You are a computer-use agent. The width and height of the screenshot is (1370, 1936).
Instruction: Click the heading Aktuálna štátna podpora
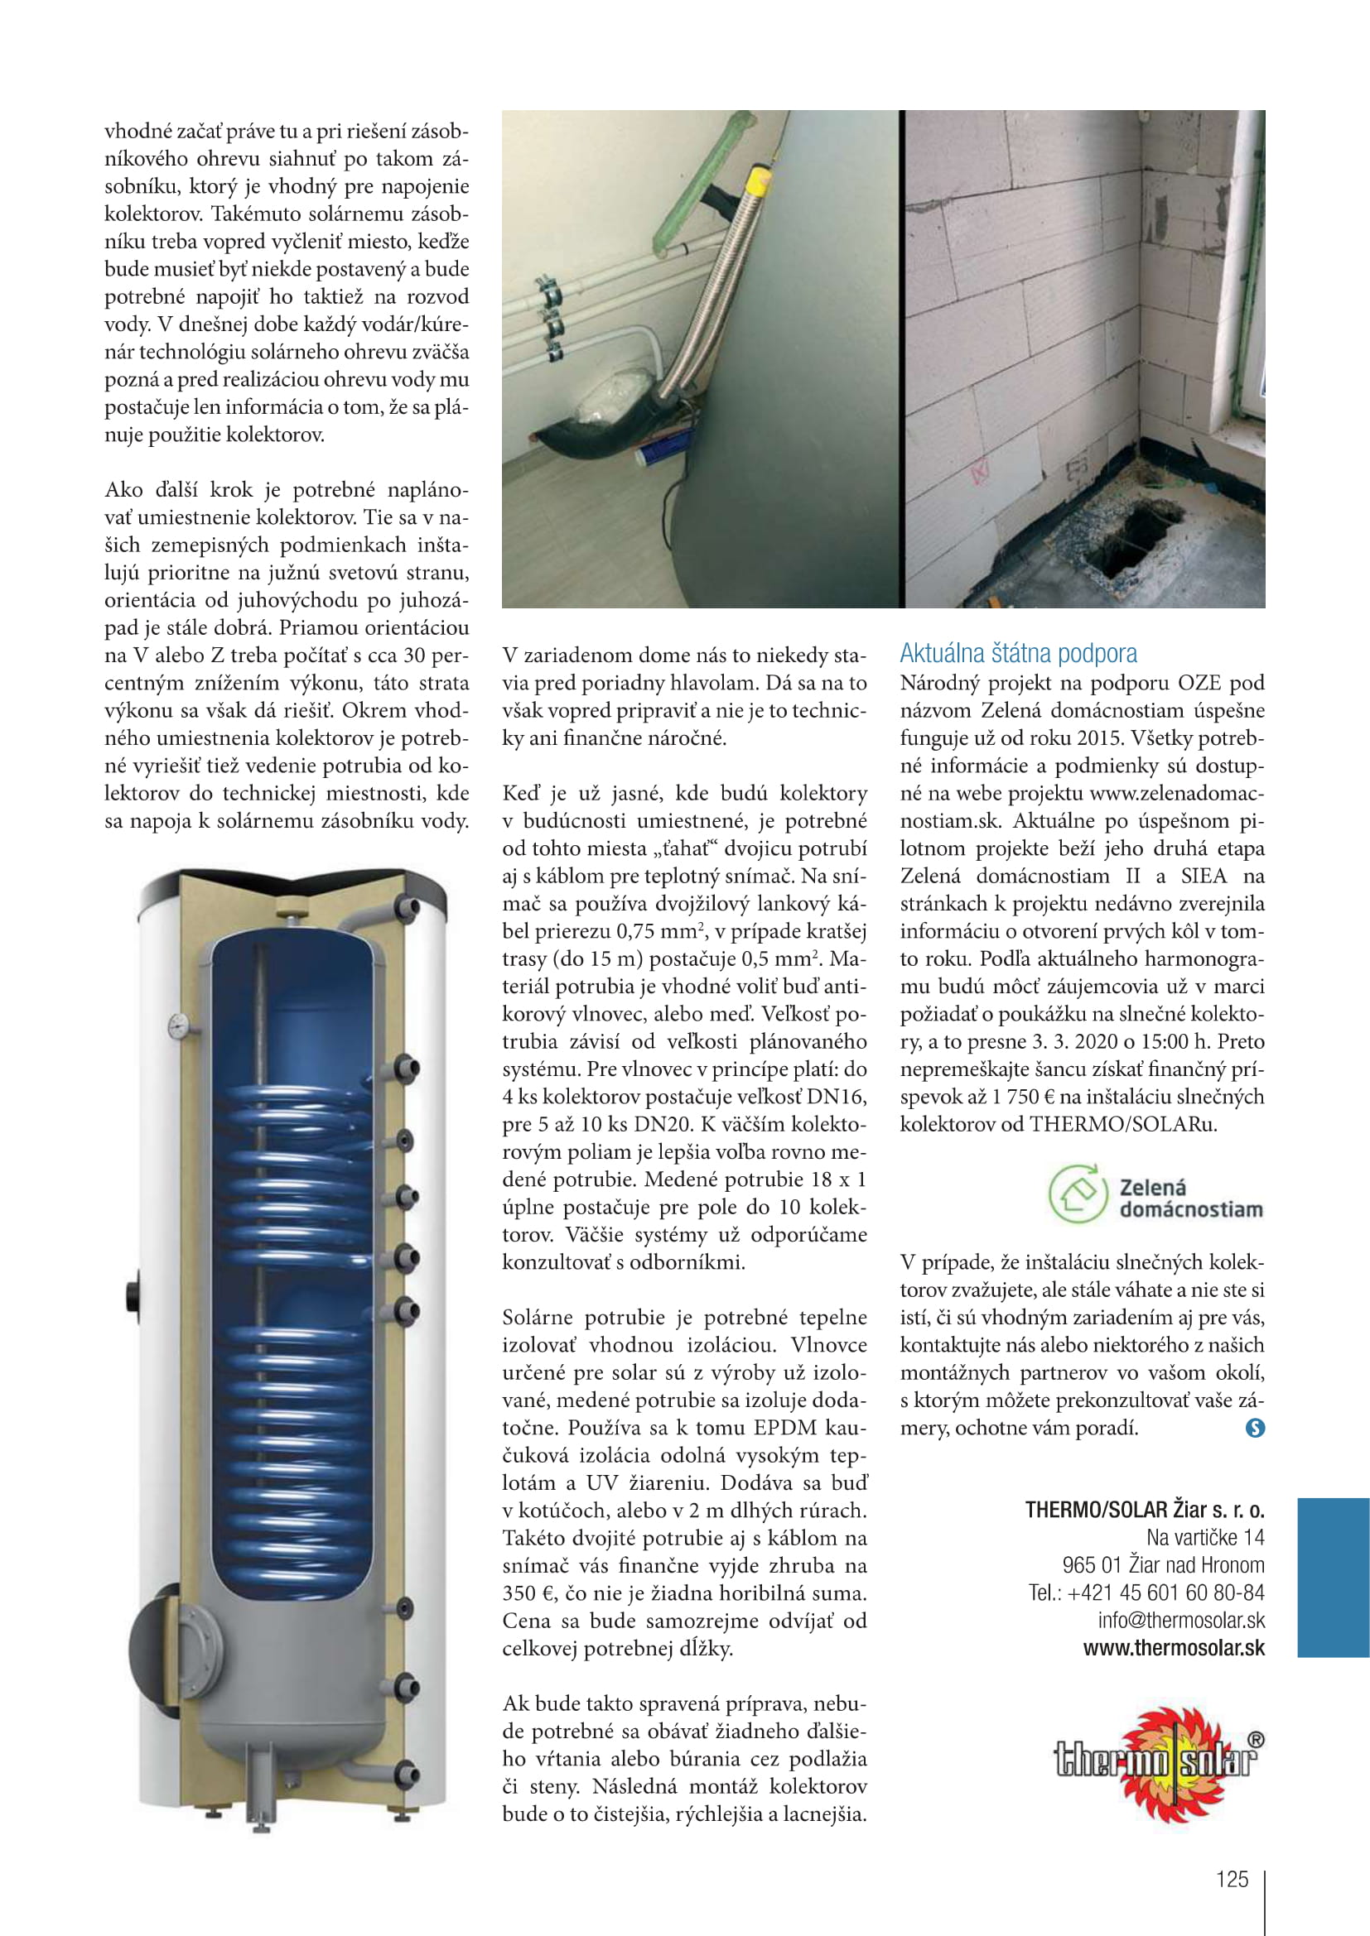coord(1017,654)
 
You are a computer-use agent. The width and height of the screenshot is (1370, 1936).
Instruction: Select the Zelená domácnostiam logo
coord(1155,1194)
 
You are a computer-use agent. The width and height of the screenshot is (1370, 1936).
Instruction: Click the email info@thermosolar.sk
coord(1181,1620)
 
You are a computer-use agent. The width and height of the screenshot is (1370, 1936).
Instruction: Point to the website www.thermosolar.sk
coord(1174,1648)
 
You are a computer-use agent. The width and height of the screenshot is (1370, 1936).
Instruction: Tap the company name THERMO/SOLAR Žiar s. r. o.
coord(1145,1510)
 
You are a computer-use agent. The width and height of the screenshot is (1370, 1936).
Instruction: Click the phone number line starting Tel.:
coord(1146,1592)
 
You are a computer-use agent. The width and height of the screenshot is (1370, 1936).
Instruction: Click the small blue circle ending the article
coord(1255,1428)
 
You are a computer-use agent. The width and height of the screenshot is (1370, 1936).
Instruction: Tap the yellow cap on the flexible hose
coord(761,180)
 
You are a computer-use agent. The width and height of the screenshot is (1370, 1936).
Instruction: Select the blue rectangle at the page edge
coord(1333,1577)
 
